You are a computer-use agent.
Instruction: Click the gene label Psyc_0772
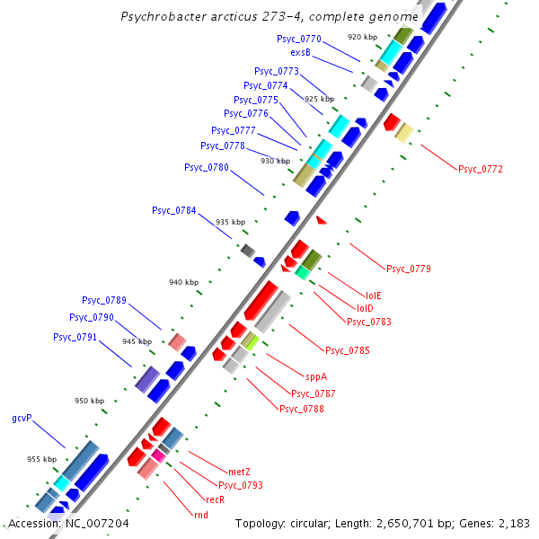[481, 169]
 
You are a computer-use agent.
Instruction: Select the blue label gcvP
[22, 419]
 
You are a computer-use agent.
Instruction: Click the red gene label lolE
[373, 295]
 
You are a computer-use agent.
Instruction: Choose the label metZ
[239, 472]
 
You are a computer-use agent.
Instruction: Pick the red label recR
[215, 499]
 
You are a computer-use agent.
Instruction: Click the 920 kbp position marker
[362, 37]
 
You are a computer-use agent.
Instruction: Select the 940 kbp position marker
[183, 282]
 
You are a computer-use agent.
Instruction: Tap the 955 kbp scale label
[41, 459]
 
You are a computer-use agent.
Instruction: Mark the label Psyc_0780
[207, 167]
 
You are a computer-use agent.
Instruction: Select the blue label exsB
[300, 53]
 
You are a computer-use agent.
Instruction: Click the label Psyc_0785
[348, 350]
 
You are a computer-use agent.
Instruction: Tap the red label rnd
[200, 515]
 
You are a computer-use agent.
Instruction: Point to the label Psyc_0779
[409, 269]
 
